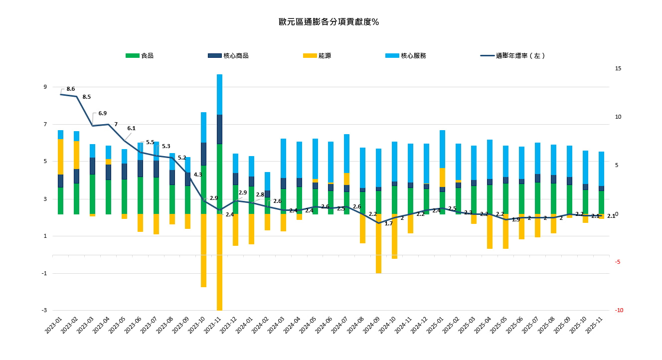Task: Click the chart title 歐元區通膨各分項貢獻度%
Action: tap(329, 22)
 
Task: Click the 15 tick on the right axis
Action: tap(618, 68)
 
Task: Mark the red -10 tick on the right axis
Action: tap(619, 310)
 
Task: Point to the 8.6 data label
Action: tap(70, 89)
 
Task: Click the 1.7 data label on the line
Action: tap(389, 223)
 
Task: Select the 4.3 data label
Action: tap(197, 175)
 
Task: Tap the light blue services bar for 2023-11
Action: tap(219, 94)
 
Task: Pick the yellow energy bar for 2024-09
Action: tap(378, 243)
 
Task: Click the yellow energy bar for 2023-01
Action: tap(60, 157)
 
